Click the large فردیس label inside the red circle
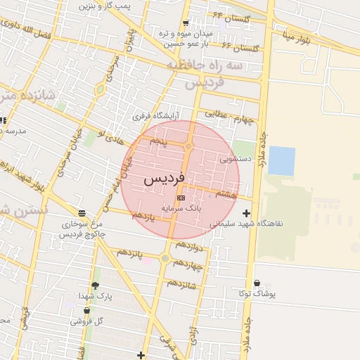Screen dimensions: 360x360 coord(164,179)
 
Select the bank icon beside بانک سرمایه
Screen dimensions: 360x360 coord(181,198)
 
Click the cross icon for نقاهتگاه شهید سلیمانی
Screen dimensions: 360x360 coord(246,213)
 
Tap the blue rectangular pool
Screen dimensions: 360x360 coord(282,161)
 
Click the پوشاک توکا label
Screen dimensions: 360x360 coord(257,293)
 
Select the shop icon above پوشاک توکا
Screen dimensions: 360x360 coord(257,283)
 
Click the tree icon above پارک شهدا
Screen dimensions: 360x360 coord(95,285)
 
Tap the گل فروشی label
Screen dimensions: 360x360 coord(87,321)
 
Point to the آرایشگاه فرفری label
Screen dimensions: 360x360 coord(157,115)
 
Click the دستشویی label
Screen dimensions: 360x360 coord(236,159)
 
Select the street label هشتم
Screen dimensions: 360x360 coord(228,193)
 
